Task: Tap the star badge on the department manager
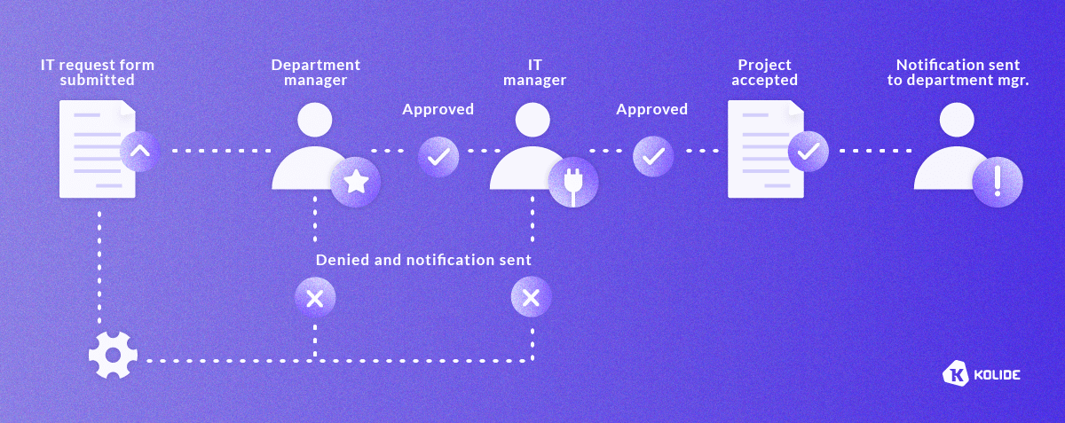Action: (x=355, y=183)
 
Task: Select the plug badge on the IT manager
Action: (x=572, y=183)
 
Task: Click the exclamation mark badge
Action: (x=998, y=183)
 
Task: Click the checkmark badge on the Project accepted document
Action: (x=808, y=151)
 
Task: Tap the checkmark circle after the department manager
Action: (x=438, y=156)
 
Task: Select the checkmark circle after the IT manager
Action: (x=653, y=156)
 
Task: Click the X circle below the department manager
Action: (x=315, y=298)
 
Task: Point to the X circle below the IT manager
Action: (x=531, y=298)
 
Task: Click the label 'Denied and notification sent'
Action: (x=423, y=261)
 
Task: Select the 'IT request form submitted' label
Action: (x=98, y=72)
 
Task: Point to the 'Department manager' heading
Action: (x=316, y=72)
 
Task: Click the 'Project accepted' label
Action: (x=765, y=72)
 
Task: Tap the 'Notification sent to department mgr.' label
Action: (x=958, y=72)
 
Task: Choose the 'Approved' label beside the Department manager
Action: (x=438, y=110)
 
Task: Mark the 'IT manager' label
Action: (x=534, y=72)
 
